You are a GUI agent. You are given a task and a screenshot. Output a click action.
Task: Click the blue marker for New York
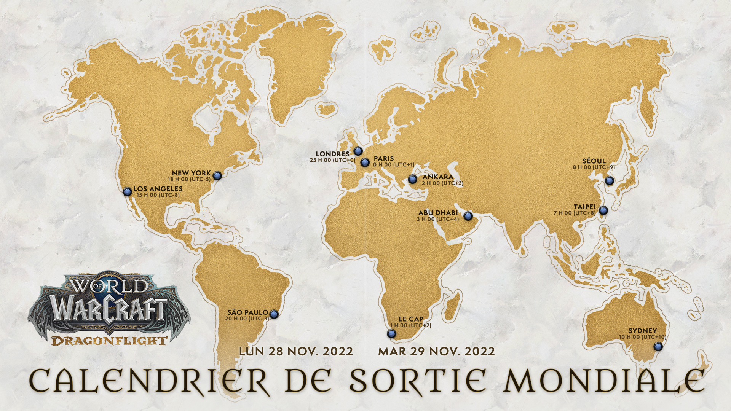217,175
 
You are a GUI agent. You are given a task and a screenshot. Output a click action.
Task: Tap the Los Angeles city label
158,189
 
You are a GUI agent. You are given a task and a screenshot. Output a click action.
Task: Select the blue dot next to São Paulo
274,314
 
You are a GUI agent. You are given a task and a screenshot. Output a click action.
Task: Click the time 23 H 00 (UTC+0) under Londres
332,160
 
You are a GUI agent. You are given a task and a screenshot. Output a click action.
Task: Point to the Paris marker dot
365,162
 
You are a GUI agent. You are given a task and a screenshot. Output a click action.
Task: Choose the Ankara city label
438,177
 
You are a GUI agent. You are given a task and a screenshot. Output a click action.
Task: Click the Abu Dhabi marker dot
468,216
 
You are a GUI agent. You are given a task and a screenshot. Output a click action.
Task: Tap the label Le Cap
411,319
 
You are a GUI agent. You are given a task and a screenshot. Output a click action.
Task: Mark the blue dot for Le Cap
391,334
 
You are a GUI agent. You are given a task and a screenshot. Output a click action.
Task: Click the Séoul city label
594,161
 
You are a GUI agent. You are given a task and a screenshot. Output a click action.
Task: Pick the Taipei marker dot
603,210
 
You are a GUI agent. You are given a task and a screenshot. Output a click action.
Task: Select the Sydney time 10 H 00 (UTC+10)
642,337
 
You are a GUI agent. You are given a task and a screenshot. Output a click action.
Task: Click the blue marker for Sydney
658,347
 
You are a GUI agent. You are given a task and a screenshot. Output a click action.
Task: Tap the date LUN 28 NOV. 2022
296,351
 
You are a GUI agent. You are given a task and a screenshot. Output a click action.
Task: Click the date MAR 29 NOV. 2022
436,351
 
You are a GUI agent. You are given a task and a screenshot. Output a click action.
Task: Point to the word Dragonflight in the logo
109,340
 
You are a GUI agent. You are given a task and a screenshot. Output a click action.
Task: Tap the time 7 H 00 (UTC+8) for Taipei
575,213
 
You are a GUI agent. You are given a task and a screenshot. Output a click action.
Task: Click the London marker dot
358,151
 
